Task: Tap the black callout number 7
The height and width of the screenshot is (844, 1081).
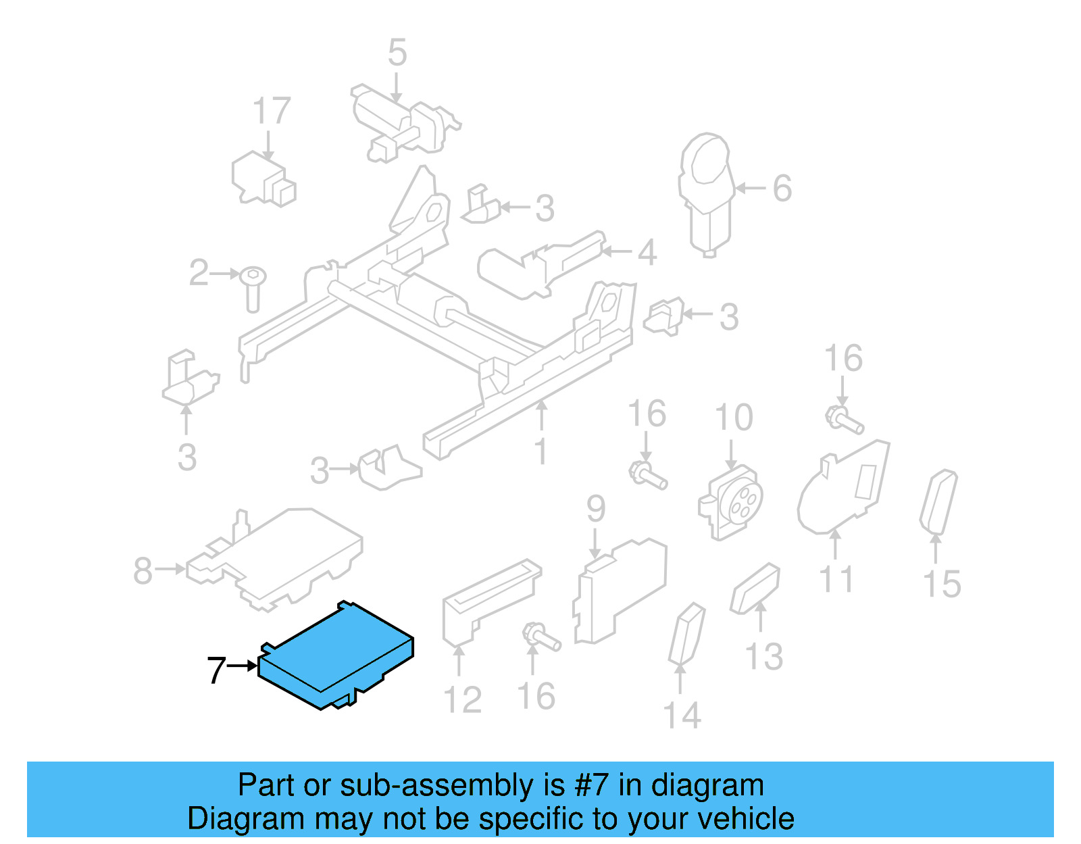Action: pos(216,670)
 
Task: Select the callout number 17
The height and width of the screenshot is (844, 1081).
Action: pos(272,111)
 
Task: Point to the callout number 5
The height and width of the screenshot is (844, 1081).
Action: pos(397,53)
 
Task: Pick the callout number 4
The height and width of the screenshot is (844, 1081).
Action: pos(647,253)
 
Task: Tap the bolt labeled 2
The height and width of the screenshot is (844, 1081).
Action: pos(253,287)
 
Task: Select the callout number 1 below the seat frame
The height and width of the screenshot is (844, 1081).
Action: pos(541,451)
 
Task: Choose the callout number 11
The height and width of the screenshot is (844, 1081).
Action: pos(836,580)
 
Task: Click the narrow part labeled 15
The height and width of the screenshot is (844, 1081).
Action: pos(938,501)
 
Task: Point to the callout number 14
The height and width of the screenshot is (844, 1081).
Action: pos(682,716)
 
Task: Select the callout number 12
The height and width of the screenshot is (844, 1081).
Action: pos(462,700)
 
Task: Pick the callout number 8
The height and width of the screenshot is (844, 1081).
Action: pos(143,570)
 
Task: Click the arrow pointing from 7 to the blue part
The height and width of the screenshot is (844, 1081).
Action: pos(243,666)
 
